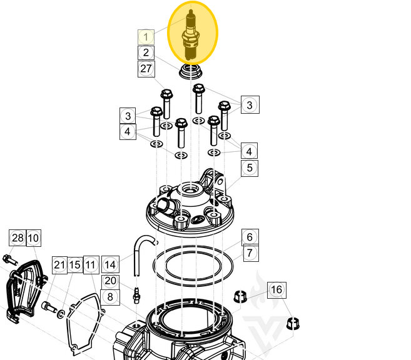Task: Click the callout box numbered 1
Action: pyautogui.click(x=146, y=37)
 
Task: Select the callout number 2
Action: pyautogui.click(x=146, y=53)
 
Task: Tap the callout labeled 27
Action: pyautogui.click(x=146, y=69)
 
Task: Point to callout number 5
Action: pyautogui.click(x=249, y=167)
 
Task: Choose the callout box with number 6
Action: pyautogui.click(x=249, y=237)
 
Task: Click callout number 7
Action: pyautogui.click(x=249, y=253)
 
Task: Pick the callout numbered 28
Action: pyautogui.click(x=18, y=237)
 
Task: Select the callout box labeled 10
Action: pyautogui.click(x=33, y=237)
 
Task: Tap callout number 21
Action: pyautogui.click(x=59, y=264)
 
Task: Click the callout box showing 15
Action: pyautogui.click(x=75, y=264)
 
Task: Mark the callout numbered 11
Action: pyautogui.click(x=91, y=264)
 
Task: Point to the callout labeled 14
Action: pyautogui.click(x=110, y=264)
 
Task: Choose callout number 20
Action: pyautogui.click(x=110, y=281)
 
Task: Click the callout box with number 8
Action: pyautogui.click(x=110, y=297)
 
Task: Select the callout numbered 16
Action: pyautogui.click(x=277, y=289)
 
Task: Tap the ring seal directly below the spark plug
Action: pyautogui.click(x=191, y=70)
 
